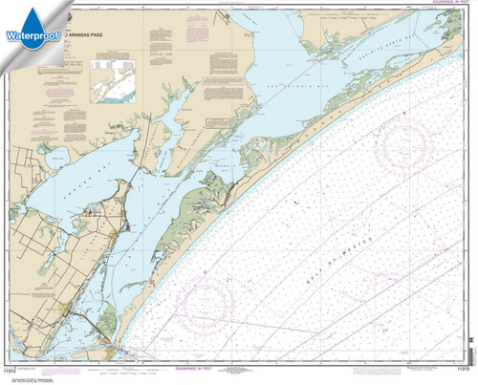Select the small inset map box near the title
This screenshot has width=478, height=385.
point(113,81)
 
